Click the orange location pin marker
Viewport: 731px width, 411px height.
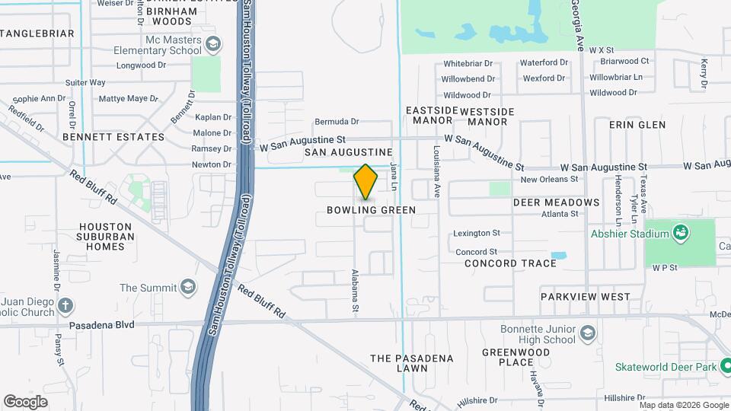point(365,182)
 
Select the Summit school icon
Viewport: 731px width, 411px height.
point(187,288)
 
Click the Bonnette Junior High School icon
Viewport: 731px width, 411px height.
point(587,333)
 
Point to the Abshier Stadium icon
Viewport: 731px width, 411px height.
point(680,234)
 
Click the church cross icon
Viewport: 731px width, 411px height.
point(65,306)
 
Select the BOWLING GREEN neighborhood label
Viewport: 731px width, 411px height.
point(372,210)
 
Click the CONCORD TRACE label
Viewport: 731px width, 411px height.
point(510,263)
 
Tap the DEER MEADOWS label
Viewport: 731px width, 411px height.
point(556,202)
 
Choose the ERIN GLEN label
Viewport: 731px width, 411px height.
point(637,125)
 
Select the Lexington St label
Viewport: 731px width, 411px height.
point(476,233)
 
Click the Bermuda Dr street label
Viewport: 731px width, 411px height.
point(336,121)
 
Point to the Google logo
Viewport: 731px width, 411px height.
point(25,401)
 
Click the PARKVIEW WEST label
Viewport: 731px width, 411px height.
point(585,296)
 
